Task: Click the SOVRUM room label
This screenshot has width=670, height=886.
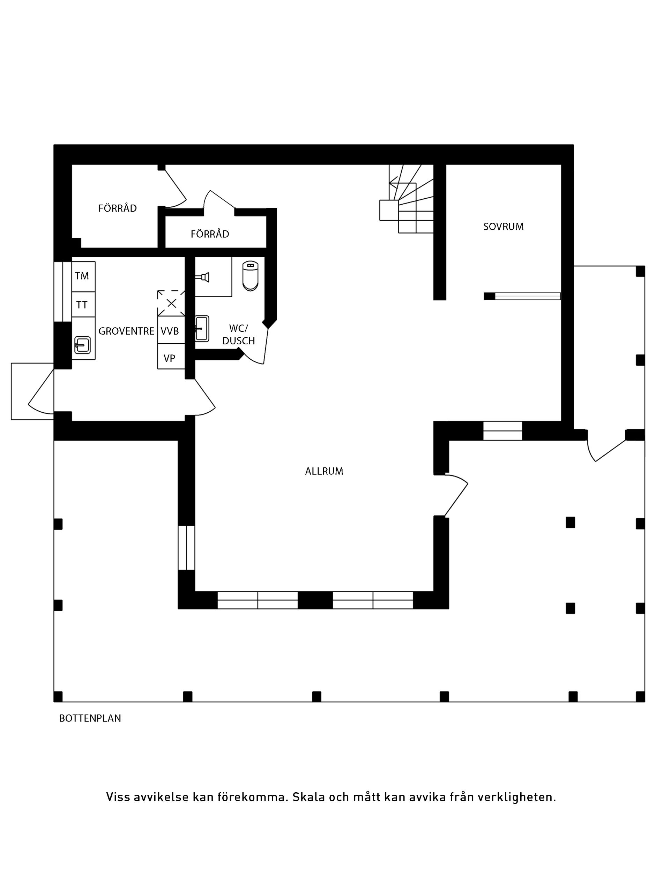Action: [503, 227]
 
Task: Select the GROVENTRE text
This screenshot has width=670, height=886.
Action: [126, 331]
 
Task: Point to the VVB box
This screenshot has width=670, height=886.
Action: [170, 331]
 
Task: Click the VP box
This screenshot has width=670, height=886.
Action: [170, 358]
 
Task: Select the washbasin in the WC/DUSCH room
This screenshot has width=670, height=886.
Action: [202, 329]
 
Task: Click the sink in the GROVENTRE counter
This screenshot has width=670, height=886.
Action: [82, 345]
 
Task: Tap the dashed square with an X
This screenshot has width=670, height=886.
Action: [171, 304]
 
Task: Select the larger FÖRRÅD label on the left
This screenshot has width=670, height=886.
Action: [118, 208]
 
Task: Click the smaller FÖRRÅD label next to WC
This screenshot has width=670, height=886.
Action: [210, 234]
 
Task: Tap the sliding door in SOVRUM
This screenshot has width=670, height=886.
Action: [527, 296]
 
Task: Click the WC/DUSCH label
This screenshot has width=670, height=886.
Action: [239, 335]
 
